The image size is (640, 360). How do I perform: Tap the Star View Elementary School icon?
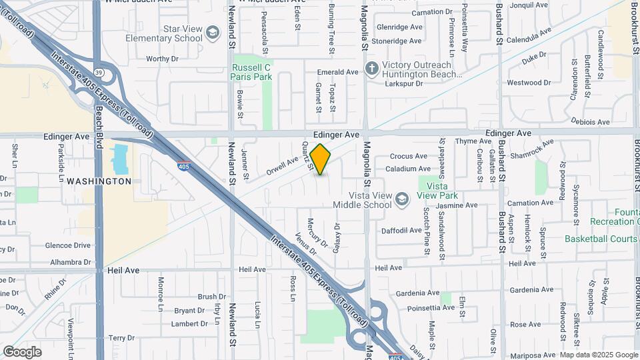click(x=213, y=33)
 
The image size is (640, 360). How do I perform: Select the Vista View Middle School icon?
click(x=402, y=199)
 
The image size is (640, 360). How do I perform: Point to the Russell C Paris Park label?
click(x=251, y=72)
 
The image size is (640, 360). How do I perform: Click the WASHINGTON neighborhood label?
click(x=99, y=181)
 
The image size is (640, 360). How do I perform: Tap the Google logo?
click(x=22, y=351)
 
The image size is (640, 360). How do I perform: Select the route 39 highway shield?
click(x=99, y=71)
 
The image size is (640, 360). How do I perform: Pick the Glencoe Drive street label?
click(x=67, y=245)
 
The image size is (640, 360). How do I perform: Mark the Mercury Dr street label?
click(x=317, y=233)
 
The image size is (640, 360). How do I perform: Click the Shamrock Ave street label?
click(x=531, y=148)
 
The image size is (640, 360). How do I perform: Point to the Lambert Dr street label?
click(x=190, y=324)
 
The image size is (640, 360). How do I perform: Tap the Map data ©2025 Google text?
click(x=599, y=355)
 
